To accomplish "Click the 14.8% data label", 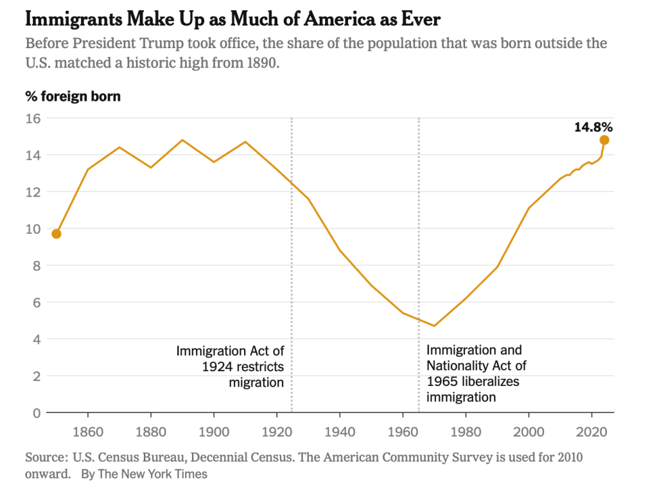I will click(x=593, y=127).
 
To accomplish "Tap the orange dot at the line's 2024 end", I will click(x=604, y=140).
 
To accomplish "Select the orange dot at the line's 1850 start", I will click(x=57, y=234).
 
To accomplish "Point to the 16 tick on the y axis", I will click(x=33, y=118).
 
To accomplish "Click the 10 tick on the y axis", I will click(x=33, y=229).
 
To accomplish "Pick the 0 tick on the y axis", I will click(x=37, y=412).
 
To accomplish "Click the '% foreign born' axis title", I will click(x=73, y=97).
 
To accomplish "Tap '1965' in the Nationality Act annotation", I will click(x=442, y=382).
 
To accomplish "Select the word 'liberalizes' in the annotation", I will click(x=489, y=382).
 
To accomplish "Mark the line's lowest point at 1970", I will click(x=434, y=326).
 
